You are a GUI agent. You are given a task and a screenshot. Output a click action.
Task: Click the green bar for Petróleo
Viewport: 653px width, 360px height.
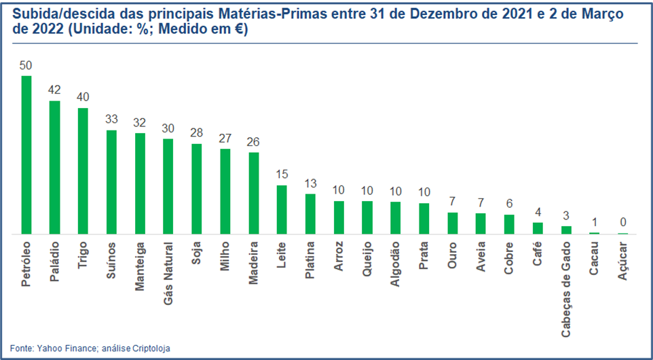tap(26, 155)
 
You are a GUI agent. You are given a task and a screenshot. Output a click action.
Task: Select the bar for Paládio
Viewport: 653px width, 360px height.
tap(55, 168)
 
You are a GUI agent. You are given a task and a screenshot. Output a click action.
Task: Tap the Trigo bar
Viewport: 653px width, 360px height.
tap(83, 171)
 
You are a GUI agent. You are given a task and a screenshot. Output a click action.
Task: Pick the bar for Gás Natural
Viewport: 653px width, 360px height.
tap(168, 187)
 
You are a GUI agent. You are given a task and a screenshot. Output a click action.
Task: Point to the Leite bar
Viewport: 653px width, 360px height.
tap(282, 210)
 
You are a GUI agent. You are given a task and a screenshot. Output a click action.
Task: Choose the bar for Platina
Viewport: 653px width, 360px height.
tap(310, 214)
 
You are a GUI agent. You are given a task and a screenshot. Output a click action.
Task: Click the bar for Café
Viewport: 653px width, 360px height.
tap(538, 228)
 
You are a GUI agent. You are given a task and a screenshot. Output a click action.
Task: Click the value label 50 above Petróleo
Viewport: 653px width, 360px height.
tap(26, 66)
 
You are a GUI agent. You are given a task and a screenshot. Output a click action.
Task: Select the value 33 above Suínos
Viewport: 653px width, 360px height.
tap(112, 120)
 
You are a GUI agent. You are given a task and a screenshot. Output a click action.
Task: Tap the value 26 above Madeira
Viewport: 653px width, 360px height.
tap(253, 142)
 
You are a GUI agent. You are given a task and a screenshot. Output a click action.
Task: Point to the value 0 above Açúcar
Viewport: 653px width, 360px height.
tap(622, 223)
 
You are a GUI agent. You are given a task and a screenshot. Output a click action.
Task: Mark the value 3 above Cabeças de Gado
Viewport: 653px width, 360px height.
tap(566, 216)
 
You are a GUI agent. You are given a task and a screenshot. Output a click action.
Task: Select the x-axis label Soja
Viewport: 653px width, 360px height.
tap(197, 253)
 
